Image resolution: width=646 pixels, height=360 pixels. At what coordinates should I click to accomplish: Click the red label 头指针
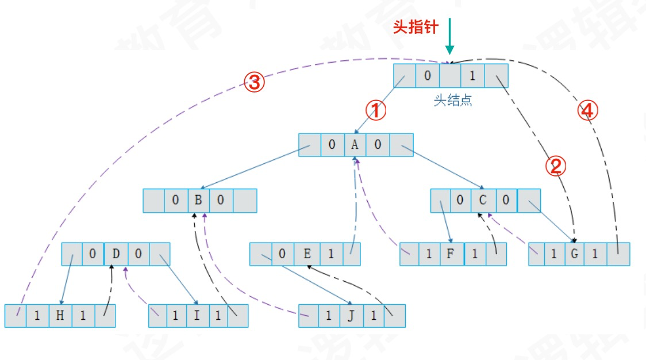click(415, 27)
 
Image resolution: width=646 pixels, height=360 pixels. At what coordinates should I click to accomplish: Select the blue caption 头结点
click(453, 101)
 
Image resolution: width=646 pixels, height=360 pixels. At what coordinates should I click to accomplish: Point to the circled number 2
click(556, 167)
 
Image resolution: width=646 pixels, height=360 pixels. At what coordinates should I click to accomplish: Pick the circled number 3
click(255, 84)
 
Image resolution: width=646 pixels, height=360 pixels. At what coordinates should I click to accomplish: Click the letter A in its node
click(355, 145)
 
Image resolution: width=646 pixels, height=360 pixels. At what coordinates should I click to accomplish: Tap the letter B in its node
click(199, 201)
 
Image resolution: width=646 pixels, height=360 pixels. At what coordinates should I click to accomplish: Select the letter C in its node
click(483, 201)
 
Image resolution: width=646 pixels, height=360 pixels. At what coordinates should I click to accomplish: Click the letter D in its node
click(116, 254)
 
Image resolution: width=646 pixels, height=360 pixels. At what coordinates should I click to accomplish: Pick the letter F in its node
click(451, 254)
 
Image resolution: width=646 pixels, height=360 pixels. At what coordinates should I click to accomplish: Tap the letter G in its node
click(573, 254)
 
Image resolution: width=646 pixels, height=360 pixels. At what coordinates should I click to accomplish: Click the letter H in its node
click(60, 316)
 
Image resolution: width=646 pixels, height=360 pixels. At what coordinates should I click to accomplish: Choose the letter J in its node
click(351, 316)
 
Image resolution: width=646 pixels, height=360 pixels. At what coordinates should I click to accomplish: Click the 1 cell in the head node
click(472, 75)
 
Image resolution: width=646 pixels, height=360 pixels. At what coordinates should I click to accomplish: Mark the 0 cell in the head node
click(427, 75)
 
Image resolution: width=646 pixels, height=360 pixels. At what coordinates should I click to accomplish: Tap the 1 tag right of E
click(330, 254)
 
